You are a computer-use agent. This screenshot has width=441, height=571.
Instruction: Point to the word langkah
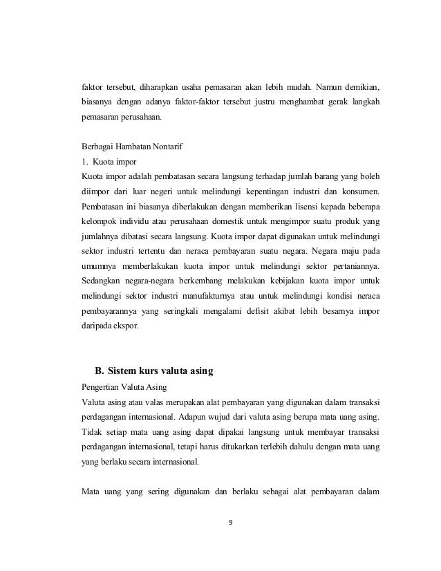(364, 103)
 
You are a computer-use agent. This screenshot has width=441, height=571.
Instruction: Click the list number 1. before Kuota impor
(85, 162)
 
